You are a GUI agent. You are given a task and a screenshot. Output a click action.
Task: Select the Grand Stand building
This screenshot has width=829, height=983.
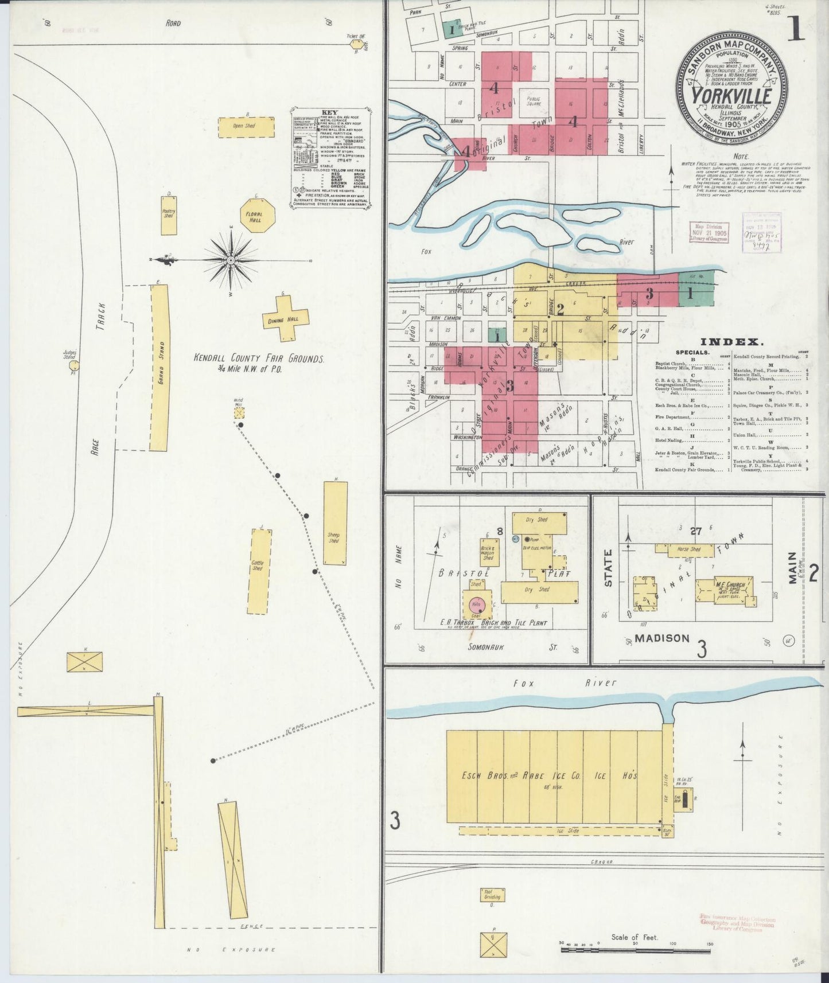159,368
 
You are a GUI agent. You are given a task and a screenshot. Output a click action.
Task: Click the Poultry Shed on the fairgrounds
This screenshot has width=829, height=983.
168,216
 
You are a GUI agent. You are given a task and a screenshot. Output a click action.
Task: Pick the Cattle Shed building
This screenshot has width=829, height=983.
259,571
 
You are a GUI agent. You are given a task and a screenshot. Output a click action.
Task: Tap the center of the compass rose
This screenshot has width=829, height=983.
231,260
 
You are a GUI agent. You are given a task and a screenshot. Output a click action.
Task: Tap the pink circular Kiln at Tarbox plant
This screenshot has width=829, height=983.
477,604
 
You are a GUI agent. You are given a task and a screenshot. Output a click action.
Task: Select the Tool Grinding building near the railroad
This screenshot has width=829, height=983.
492,895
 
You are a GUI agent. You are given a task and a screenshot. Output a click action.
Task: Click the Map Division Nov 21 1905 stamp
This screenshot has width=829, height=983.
709,232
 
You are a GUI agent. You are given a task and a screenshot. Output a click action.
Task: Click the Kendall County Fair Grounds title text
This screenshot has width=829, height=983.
259,358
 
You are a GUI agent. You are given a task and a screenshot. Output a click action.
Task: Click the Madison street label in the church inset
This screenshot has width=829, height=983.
661,638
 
